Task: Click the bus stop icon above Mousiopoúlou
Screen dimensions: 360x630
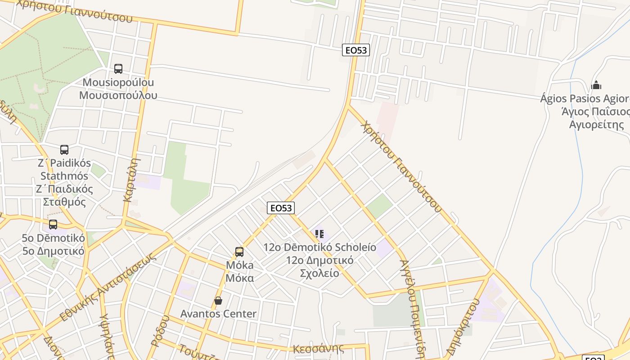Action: click(118, 69)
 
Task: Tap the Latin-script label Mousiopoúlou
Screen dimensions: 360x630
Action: click(118, 82)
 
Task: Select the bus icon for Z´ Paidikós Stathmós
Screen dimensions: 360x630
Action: click(64, 150)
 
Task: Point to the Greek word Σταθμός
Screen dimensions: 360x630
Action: click(64, 201)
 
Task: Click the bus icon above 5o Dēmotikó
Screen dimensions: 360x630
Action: click(53, 224)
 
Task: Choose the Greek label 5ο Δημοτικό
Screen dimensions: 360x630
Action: click(53, 251)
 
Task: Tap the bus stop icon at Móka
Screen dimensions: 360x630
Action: click(239, 252)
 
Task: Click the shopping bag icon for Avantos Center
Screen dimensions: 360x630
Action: click(218, 301)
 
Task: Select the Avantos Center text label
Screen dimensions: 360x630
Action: click(218, 314)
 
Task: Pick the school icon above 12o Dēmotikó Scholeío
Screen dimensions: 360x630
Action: click(319, 234)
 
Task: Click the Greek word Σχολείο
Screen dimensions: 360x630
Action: click(319, 273)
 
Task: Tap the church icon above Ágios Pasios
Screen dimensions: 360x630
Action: click(596, 85)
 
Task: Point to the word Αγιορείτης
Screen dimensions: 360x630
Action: click(597, 124)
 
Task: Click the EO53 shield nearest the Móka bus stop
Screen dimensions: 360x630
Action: click(281, 207)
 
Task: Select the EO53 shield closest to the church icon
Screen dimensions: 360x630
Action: click(356, 50)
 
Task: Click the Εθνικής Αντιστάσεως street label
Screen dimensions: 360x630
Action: click(108, 287)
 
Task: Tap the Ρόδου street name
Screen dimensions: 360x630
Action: click(160, 331)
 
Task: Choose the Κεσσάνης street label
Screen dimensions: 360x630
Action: click(318, 348)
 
